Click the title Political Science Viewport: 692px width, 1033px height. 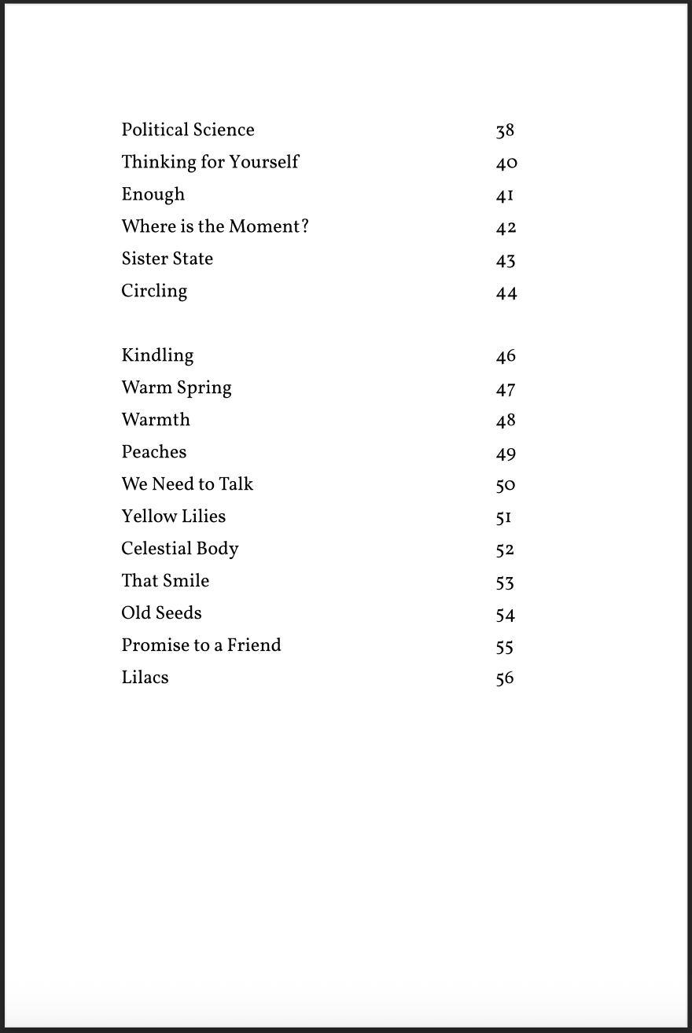click(x=188, y=130)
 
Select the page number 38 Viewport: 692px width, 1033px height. click(x=505, y=131)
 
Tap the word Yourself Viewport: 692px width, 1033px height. click(x=264, y=162)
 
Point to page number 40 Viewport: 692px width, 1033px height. click(x=506, y=164)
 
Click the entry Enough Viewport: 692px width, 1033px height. click(x=153, y=194)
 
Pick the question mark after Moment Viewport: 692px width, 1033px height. click(x=304, y=226)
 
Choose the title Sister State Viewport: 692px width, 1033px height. click(x=167, y=259)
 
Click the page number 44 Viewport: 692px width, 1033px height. click(x=506, y=293)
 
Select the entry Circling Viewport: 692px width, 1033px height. click(x=154, y=292)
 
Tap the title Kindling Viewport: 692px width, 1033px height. click(x=157, y=355)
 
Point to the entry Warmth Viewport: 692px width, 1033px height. click(x=156, y=420)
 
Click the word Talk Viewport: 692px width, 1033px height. click(x=236, y=484)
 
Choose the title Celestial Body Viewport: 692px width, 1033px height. click(x=179, y=549)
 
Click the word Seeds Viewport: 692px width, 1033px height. click(x=179, y=613)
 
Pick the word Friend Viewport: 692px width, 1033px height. click(x=254, y=645)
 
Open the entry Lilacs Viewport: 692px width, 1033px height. click(x=145, y=678)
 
